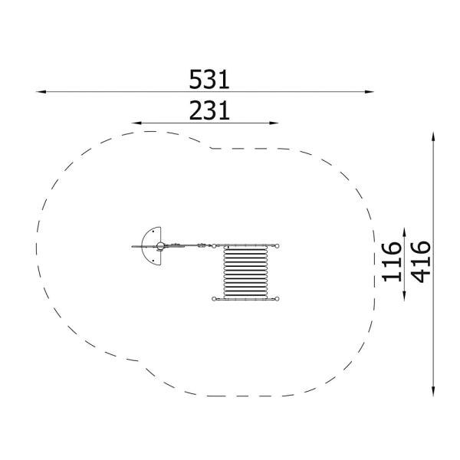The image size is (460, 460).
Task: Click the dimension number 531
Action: click(x=209, y=80)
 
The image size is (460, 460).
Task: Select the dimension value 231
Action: click(x=209, y=110)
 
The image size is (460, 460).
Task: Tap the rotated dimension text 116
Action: click(x=392, y=261)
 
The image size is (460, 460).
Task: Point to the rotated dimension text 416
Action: click(x=421, y=261)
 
